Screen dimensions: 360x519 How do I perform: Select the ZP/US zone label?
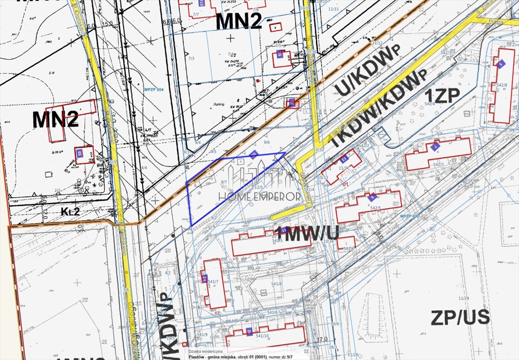(x=460, y=317)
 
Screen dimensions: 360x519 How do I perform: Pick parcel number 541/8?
(x=277, y=284)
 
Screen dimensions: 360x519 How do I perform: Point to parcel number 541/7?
(x=214, y=282)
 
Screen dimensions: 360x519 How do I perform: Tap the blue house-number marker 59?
(x=80, y=153)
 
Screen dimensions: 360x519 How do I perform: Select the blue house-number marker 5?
(x=501, y=64)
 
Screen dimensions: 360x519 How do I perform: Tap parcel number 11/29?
(x=464, y=299)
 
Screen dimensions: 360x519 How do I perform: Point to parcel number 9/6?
(x=267, y=142)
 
